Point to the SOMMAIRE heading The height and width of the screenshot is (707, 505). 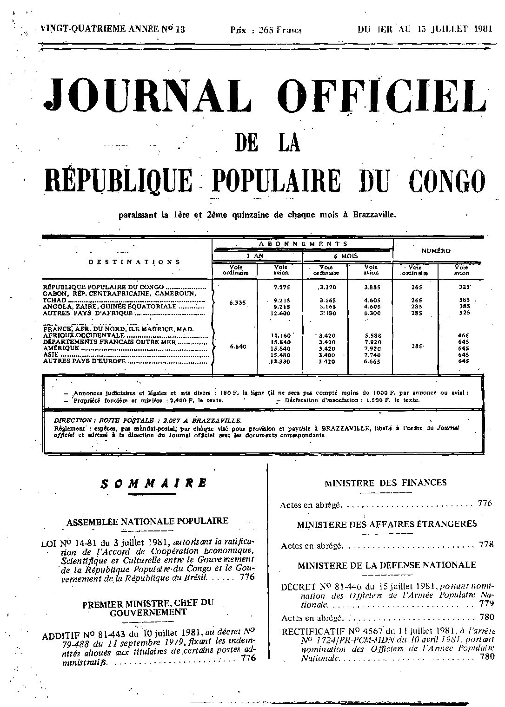pyautogui.click(x=153, y=483)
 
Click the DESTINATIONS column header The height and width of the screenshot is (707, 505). pyautogui.click(x=134, y=262)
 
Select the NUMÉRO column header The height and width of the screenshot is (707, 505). pyautogui.click(x=436, y=251)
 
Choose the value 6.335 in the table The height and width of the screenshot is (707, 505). pyautogui.click(x=237, y=303)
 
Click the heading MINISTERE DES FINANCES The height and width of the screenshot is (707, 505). pyautogui.click(x=385, y=483)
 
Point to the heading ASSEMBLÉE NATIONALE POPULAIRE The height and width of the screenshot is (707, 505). pyautogui.click(x=147, y=521)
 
